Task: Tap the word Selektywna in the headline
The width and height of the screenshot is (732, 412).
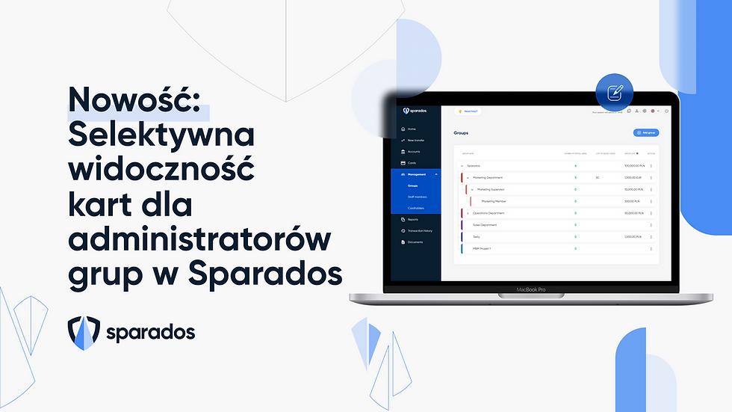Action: pyautogui.click(x=161, y=136)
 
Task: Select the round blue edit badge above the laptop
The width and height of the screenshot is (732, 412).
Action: pyautogui.click(x=614, y=93)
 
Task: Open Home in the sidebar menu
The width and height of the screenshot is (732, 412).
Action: pyautogui.click(x=412, y=129)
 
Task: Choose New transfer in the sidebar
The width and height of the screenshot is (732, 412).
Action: pyautogui.click(x=416, y=141)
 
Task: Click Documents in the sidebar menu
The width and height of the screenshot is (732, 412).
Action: pyautogui.click(x=415, y=242)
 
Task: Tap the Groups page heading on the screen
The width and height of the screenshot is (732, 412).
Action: pyautogui.click(x=461, y=133)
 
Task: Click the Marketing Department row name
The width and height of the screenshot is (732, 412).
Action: pyautogui.click(x=485, y=177)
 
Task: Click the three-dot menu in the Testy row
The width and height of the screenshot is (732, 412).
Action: pyautogui.click(x=651, y=236)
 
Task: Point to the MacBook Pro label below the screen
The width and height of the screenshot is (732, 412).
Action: pyautogui.click(x=533, y=289)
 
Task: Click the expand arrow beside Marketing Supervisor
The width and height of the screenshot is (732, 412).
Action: pyautogui.click(x=472, y=189)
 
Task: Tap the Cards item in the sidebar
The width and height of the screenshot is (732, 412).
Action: pyautogui.click(x=412, y=162)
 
